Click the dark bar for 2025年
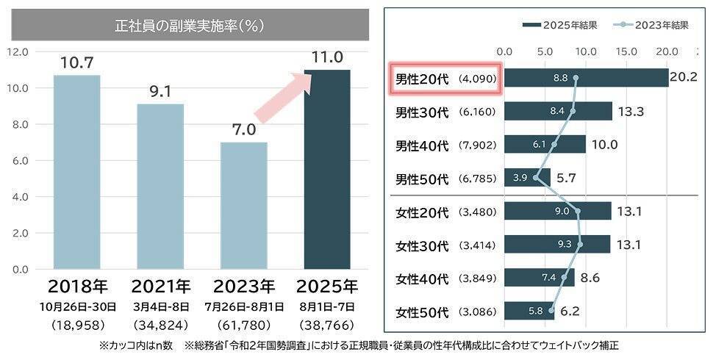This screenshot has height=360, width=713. click(x=327, y=169)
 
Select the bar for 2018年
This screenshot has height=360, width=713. click(x=76, y=172)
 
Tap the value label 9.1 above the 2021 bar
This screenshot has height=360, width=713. click(x=160, y=93)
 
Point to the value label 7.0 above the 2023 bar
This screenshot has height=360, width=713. click(x=243, y=130)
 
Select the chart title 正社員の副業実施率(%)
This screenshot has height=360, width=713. click(x=190, y=25)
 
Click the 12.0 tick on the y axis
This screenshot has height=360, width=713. click(x=17, y=52)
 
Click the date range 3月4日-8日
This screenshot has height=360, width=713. click(x=160, y=306)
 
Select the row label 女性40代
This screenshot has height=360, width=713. click(x=422, y=278)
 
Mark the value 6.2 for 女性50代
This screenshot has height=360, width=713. click(x=569, y=312)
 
